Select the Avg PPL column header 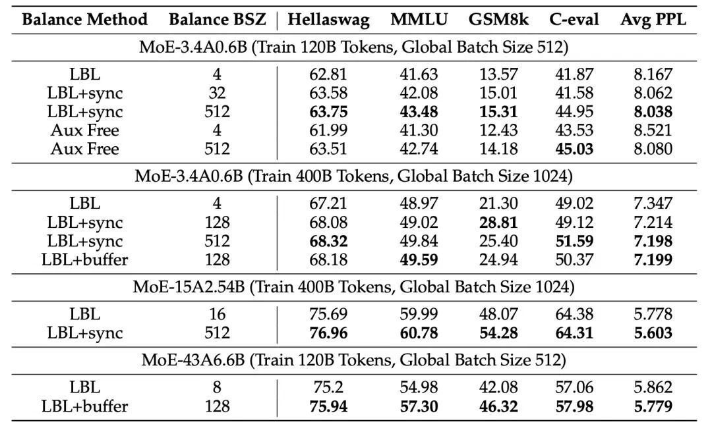point(653,20)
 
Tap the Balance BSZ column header point(217,20)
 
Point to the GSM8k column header point(493,20)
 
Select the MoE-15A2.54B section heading point(354,288)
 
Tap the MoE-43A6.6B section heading point(354,360)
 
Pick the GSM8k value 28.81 point(493,222)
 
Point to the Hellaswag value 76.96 point(328,333)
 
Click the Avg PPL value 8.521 point(653,130)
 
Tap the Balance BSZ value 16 point(217,313)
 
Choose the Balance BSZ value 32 point(217,93)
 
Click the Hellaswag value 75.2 point(328,387)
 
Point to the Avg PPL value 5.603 point(653,333)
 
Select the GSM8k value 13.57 point(493,74)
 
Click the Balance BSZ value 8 point(217,387)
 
